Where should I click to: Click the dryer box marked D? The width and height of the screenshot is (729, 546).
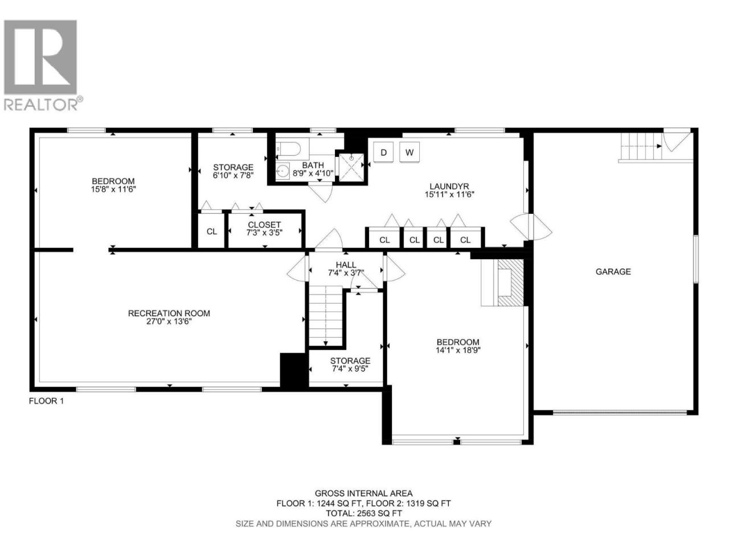click(x=383, y=152)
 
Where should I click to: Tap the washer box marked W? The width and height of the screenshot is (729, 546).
click(x=409, y=152)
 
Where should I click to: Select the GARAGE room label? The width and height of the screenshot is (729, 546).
click(x=613, y=272)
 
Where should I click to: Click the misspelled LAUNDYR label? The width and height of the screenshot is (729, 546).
click(x=449, y=187)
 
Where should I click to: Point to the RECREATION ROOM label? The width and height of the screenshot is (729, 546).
click(x=169, y=313)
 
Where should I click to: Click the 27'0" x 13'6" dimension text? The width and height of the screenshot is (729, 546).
click(x=169, y=321)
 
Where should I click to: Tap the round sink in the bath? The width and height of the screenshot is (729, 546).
click(x=282, y=171)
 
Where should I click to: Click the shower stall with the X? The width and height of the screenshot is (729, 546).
click(x=351, y=167)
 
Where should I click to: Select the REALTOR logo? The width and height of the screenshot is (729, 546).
click(x=43, y=65)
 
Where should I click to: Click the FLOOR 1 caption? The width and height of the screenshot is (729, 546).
click(x=46, y=401)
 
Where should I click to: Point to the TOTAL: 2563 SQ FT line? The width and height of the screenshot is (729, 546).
click(x=364, y=514)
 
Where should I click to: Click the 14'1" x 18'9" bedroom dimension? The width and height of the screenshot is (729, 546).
click(x=458, y=350)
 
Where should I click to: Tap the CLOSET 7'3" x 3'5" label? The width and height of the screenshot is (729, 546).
click(x=264, y=229)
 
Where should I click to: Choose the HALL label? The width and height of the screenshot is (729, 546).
click(x=346, y=265)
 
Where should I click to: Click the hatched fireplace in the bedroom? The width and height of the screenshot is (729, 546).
click(x=510, y=282)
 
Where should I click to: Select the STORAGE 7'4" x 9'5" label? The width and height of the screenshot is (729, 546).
click(x=350, y=365)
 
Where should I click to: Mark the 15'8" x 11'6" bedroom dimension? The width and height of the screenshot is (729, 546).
click(x=113, y=189)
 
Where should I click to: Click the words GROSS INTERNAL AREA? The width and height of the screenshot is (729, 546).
click(x=364, y=494)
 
